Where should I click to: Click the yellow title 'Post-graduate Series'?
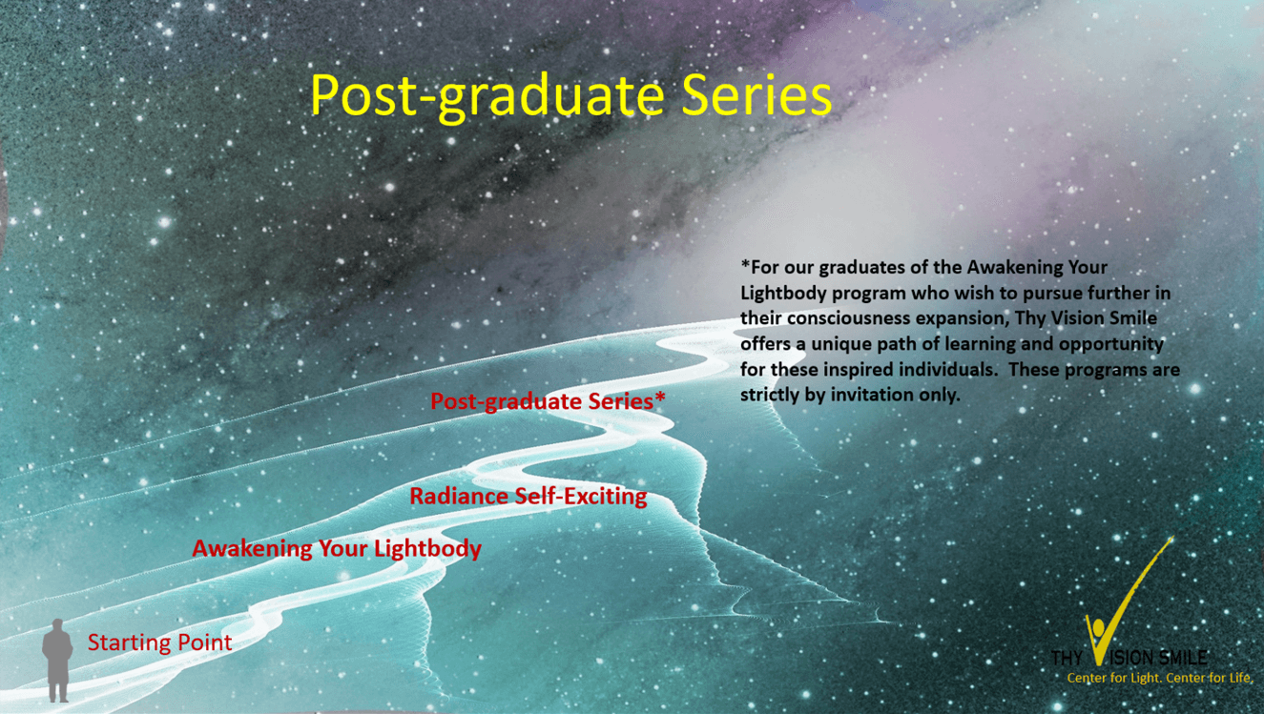(571, 97)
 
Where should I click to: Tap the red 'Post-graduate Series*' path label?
(548, 401)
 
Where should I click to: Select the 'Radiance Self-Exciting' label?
(528, 497)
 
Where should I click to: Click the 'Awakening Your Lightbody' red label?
(337, 549)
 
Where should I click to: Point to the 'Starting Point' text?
(159, 643)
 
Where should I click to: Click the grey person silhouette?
(57, 661)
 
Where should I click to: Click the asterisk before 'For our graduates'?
(745, 264)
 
